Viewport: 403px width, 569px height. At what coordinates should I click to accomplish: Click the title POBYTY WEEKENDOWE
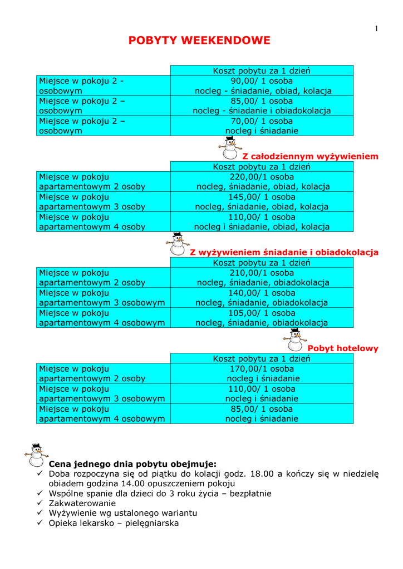[199, 41]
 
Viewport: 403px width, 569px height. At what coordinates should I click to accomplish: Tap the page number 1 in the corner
[377, 29]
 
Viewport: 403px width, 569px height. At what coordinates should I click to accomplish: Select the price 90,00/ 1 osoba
[262, 81]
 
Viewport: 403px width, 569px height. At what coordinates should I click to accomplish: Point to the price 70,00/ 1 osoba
[262, 121]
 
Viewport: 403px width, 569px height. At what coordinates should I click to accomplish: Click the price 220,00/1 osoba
[262, 176]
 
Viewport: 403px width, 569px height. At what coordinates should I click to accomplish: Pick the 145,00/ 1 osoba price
[262, 197]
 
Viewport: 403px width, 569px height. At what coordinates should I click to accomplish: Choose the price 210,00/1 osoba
[262, 272]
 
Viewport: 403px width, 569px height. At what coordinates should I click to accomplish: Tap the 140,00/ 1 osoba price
[262, 293]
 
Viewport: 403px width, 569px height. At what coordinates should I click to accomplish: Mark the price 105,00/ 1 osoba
[262, 313]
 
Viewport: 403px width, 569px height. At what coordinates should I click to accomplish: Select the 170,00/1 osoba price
[262, 368]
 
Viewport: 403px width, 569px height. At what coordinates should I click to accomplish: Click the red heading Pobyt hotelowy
[343, 348]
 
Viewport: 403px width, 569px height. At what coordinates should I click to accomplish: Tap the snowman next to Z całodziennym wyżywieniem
[229, 147]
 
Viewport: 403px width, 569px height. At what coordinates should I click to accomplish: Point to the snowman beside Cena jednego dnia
[37, 455]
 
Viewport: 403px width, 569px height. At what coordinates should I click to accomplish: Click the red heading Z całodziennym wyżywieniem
[310, 156]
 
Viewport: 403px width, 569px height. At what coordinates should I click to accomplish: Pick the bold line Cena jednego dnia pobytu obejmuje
[132, 463]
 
